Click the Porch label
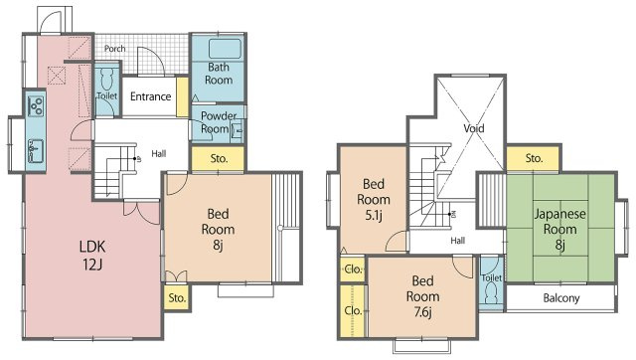click(x=115, y=49)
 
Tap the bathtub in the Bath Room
click(x=226, y=49)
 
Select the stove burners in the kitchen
click(x=36, y=104)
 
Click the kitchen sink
click(x=36, y=150)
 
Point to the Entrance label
click(x=150, y=96)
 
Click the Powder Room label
click(x=219, y=122)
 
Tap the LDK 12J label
click(x=92, y=256)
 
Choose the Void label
click(x=474, y=128)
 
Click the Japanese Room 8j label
click(x=560, y=230)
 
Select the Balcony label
click(x=561, y=298)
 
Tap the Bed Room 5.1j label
click(x=374, y=200)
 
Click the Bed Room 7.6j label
click(x=422, y=296)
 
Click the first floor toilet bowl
click(x=106, y=80)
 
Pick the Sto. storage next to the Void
click(x=534, y=158)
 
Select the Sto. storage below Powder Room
click(x=219, y=159)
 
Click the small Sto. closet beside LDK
click(x=177, y=298)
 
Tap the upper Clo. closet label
click(x=353, y=270)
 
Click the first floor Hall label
click(x=159, y=154)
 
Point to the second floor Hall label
click(x=457, y=241)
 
